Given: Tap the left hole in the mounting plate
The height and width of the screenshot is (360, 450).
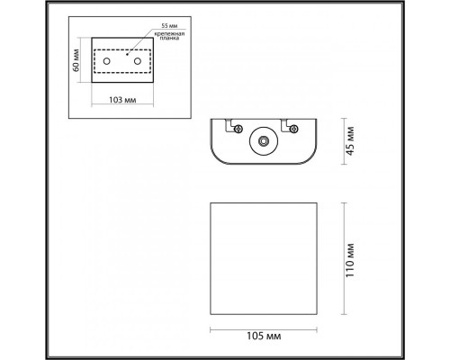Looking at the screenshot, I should [x=108, y=61].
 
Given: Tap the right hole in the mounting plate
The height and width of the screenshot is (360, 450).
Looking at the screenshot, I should [x=139, y=61].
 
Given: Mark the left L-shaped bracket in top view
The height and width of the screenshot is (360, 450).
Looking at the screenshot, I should [x=228, y=125].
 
